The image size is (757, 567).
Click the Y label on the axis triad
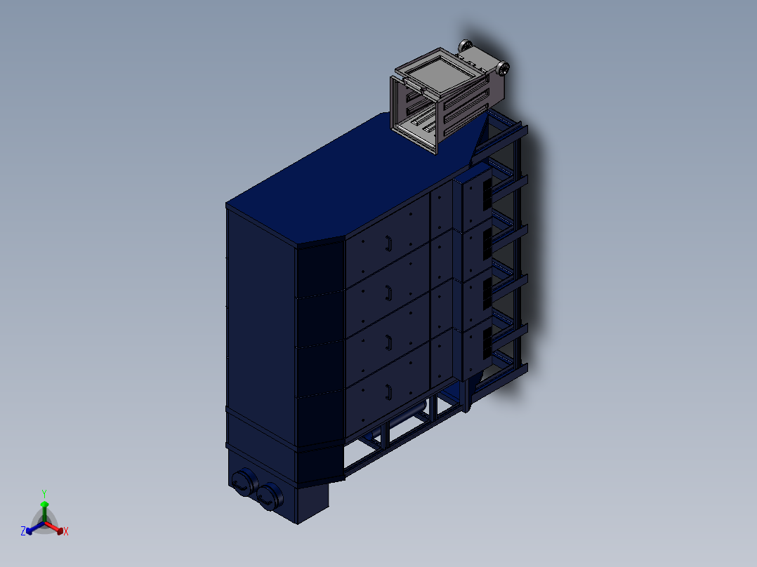click(44, 493)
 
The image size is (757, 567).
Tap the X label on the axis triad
click(66, 531)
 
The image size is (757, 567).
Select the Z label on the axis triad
click(22, 531)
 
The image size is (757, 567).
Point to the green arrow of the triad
click(44, 511)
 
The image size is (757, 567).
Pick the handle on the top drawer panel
click(388, 244)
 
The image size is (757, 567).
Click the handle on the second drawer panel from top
click(388, 293)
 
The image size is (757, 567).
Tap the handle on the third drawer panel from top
click(388, 342)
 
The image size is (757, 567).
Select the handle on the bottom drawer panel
click(388, 392)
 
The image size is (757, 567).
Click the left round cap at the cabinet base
click(244, 482)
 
